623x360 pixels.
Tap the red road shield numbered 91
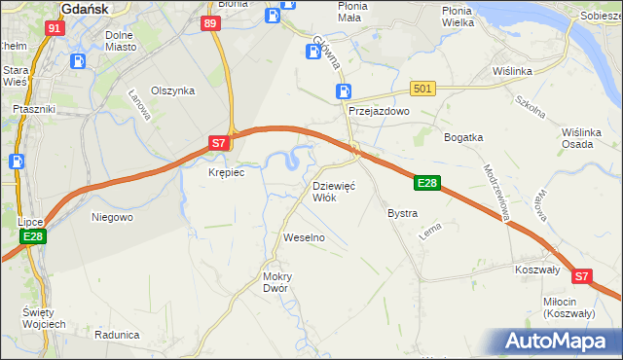(55, 29)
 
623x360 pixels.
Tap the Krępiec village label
(226, 172)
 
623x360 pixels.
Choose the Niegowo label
(111, 217)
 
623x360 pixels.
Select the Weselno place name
(303, 237)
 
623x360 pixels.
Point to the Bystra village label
(402, 213)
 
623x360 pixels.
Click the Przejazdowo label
(380, 112)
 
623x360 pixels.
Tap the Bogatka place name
(463, 137)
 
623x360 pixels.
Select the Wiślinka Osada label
(587, 138)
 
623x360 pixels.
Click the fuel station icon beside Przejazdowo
(344, 91)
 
